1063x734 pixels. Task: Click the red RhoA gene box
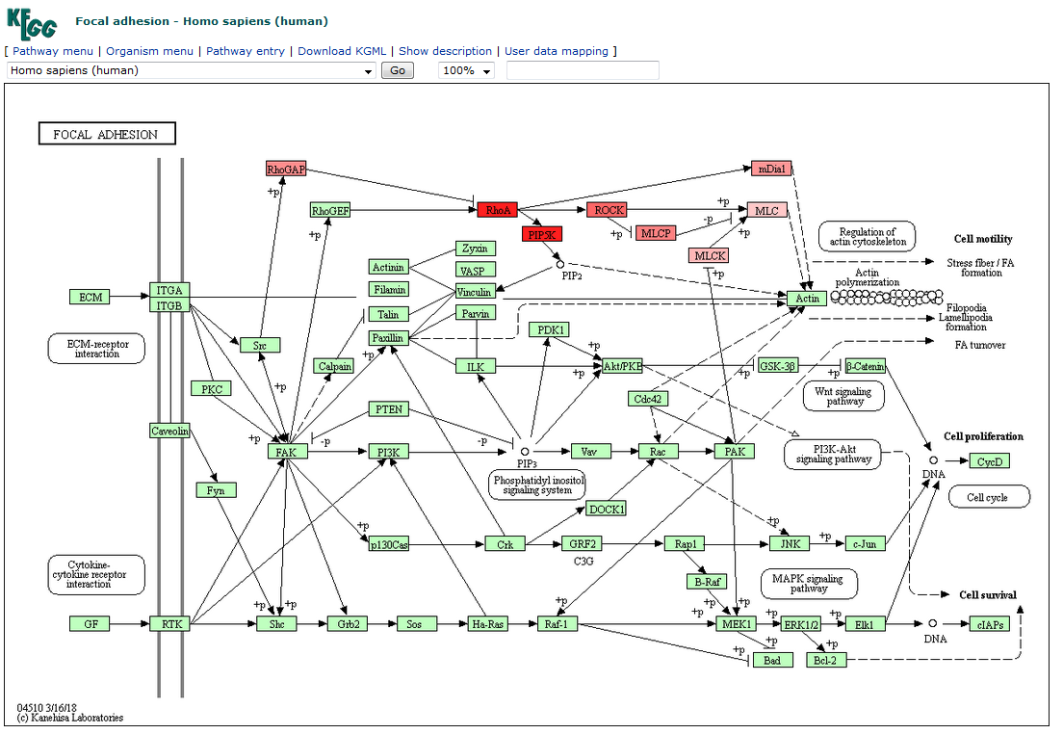pyautogui.click(x=498, y=210)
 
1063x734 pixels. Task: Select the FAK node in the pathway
pyautogui.click(x=287, y=451)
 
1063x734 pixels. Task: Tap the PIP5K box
pyautogui.click(x=541, y=234)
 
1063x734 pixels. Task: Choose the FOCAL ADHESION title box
pyautogui.click(x=106, y=134)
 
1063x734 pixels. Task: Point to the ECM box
pyautogui.click(x=90, y=297)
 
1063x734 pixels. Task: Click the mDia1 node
pyautogui.click(x=771, y=169)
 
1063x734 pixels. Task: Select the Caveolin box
pyautogui.click(x=169, y=431)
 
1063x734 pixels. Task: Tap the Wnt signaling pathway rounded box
pyautogui.click(x=843, y=396)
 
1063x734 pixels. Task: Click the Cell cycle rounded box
pyautogui.click(x=989, y=497)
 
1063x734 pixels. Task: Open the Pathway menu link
pyautogui.click(x=53, y=51)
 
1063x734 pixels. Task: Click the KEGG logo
pyautogui.click(x=33, y=22)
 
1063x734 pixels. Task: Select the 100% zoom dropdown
pyautogui.click(x=466, y=70)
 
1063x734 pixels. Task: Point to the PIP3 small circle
pyautogui.click(x=525, y=451)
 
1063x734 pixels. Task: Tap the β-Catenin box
pyautogui.click(x=865, y=366)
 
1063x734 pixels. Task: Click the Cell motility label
pyautogui.click(x=983, y=239)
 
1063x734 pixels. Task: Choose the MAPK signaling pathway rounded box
pyautogui.click(x=809, y=583)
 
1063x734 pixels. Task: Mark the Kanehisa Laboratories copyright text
pyautogui.click(x=70, y=718)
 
